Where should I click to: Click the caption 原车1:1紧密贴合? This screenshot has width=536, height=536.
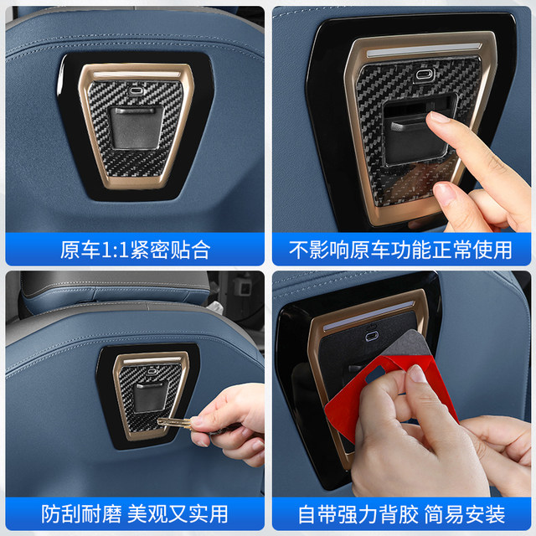coord(134,249)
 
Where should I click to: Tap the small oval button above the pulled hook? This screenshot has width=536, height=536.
coord(425,75)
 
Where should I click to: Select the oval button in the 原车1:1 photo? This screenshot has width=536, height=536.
coord(137,85)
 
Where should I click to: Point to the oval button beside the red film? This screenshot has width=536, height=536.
coord(372,334)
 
